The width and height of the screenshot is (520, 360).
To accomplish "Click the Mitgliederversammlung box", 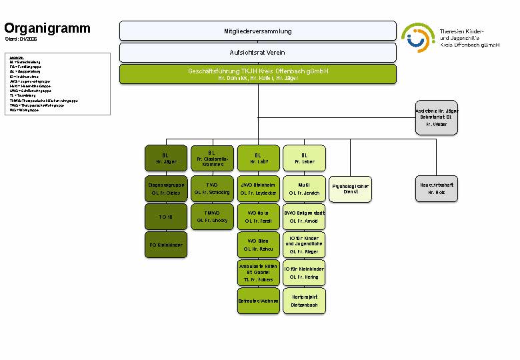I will [x=257, y=31].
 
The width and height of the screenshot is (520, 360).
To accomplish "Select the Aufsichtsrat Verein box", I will [x=257, y=52].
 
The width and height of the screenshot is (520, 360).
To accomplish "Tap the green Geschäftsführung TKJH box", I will [x=257, y=74].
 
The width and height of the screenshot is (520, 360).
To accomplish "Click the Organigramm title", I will [x=47, y=28].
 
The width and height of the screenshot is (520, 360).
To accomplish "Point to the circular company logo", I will [x=417, y=38].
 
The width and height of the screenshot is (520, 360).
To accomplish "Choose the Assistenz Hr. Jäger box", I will [x=436, y=117].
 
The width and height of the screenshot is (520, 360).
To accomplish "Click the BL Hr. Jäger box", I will [x=166, y=158].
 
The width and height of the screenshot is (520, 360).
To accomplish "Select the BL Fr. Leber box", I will [x=305, y=158].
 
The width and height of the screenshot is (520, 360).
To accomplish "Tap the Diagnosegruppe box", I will [x=166, y=189].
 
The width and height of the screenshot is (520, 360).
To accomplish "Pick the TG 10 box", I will [x=166, y=217].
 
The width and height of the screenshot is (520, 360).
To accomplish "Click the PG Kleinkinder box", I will [x=166, y=245].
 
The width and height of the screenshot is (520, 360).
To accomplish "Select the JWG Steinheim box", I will [x=258, y=189].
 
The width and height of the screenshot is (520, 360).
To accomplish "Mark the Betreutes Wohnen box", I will [x=258, y=301].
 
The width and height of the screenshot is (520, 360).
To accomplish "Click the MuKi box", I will [x=305, y=189].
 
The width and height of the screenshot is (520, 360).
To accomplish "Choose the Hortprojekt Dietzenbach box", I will [x=305, y=301].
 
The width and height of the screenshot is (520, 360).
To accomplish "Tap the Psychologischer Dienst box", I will [x=351, y=189].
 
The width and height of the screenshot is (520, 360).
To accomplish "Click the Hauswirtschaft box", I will [x=436, y=189].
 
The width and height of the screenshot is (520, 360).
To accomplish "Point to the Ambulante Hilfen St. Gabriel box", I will [x=258, y=273].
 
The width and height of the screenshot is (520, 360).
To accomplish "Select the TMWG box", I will [x=212, y=217].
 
